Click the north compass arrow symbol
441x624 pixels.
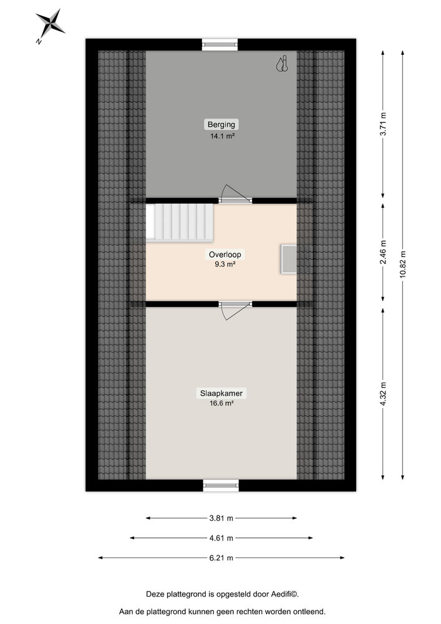(49, 25)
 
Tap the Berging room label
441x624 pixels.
(221, 124)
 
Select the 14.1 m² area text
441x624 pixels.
(221, 135)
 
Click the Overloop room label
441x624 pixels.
(225, 255)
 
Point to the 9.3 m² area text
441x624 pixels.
(225, 265)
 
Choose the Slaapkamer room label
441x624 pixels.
(221, 393)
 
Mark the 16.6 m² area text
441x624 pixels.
(221, 404)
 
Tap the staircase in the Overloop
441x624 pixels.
(180, 222)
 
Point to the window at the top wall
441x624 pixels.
(221, 44)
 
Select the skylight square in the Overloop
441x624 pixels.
(289, 259)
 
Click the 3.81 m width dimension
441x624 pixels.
(221, 518)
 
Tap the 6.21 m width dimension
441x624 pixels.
(221, 558)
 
